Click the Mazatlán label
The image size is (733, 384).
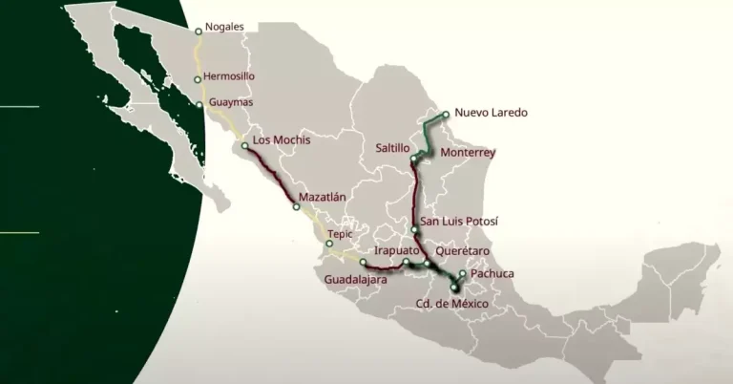(322, 197)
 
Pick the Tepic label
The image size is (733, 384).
(340, 232)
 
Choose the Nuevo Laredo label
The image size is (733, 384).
(491, 113)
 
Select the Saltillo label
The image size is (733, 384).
(392, 149)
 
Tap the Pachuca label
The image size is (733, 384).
(492, 274)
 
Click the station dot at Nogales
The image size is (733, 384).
(198, 30)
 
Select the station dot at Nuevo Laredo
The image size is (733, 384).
(446, 114)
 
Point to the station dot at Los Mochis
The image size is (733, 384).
(245, 145)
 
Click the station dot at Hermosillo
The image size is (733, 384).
(198, 79)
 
